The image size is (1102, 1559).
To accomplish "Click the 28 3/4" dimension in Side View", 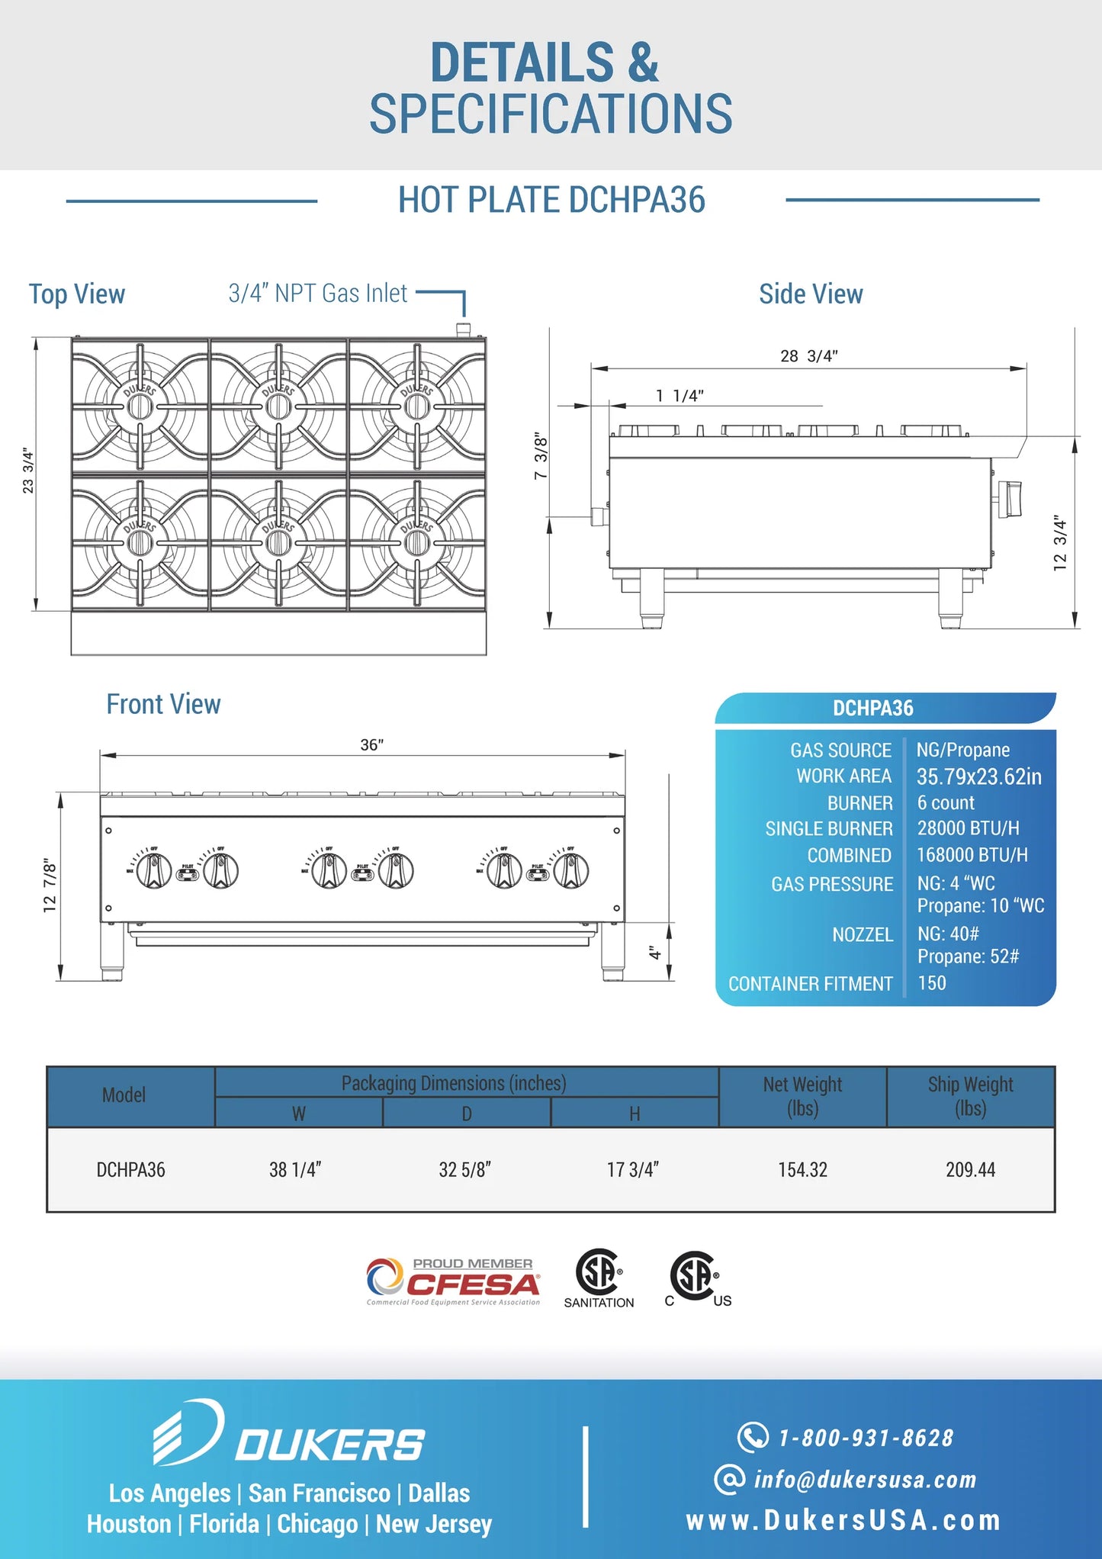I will pos(808,356).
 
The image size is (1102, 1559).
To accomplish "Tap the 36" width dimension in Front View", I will pos(371,744).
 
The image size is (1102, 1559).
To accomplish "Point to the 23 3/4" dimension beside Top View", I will pos(28,471).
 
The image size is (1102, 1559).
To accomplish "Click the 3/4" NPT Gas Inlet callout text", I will pos(318,294).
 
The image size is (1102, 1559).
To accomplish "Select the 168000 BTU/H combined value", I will pos(972,855).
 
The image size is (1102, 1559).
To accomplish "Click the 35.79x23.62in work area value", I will pos(978,776).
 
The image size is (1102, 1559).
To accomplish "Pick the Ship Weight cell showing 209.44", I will pos(970,1169).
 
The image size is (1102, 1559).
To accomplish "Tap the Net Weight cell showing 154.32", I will pos(802,1169).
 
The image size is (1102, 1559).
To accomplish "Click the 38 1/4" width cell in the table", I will pos(295,1169).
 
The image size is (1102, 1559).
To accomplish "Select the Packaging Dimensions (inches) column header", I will pos(454,1083).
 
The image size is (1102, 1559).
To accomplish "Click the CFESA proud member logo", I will pos(454,1282).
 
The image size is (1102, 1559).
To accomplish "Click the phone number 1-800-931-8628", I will pos(865,1438).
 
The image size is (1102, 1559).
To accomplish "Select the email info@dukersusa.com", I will pos(865,1480).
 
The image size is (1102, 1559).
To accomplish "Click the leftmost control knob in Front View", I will pos(154,870).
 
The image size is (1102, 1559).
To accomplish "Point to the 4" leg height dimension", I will pos(654,953).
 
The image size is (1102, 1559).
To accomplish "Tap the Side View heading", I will pos(811,294).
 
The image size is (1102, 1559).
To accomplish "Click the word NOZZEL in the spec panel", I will pos(863,934).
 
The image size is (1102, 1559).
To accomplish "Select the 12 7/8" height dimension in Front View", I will pos(50,886).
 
